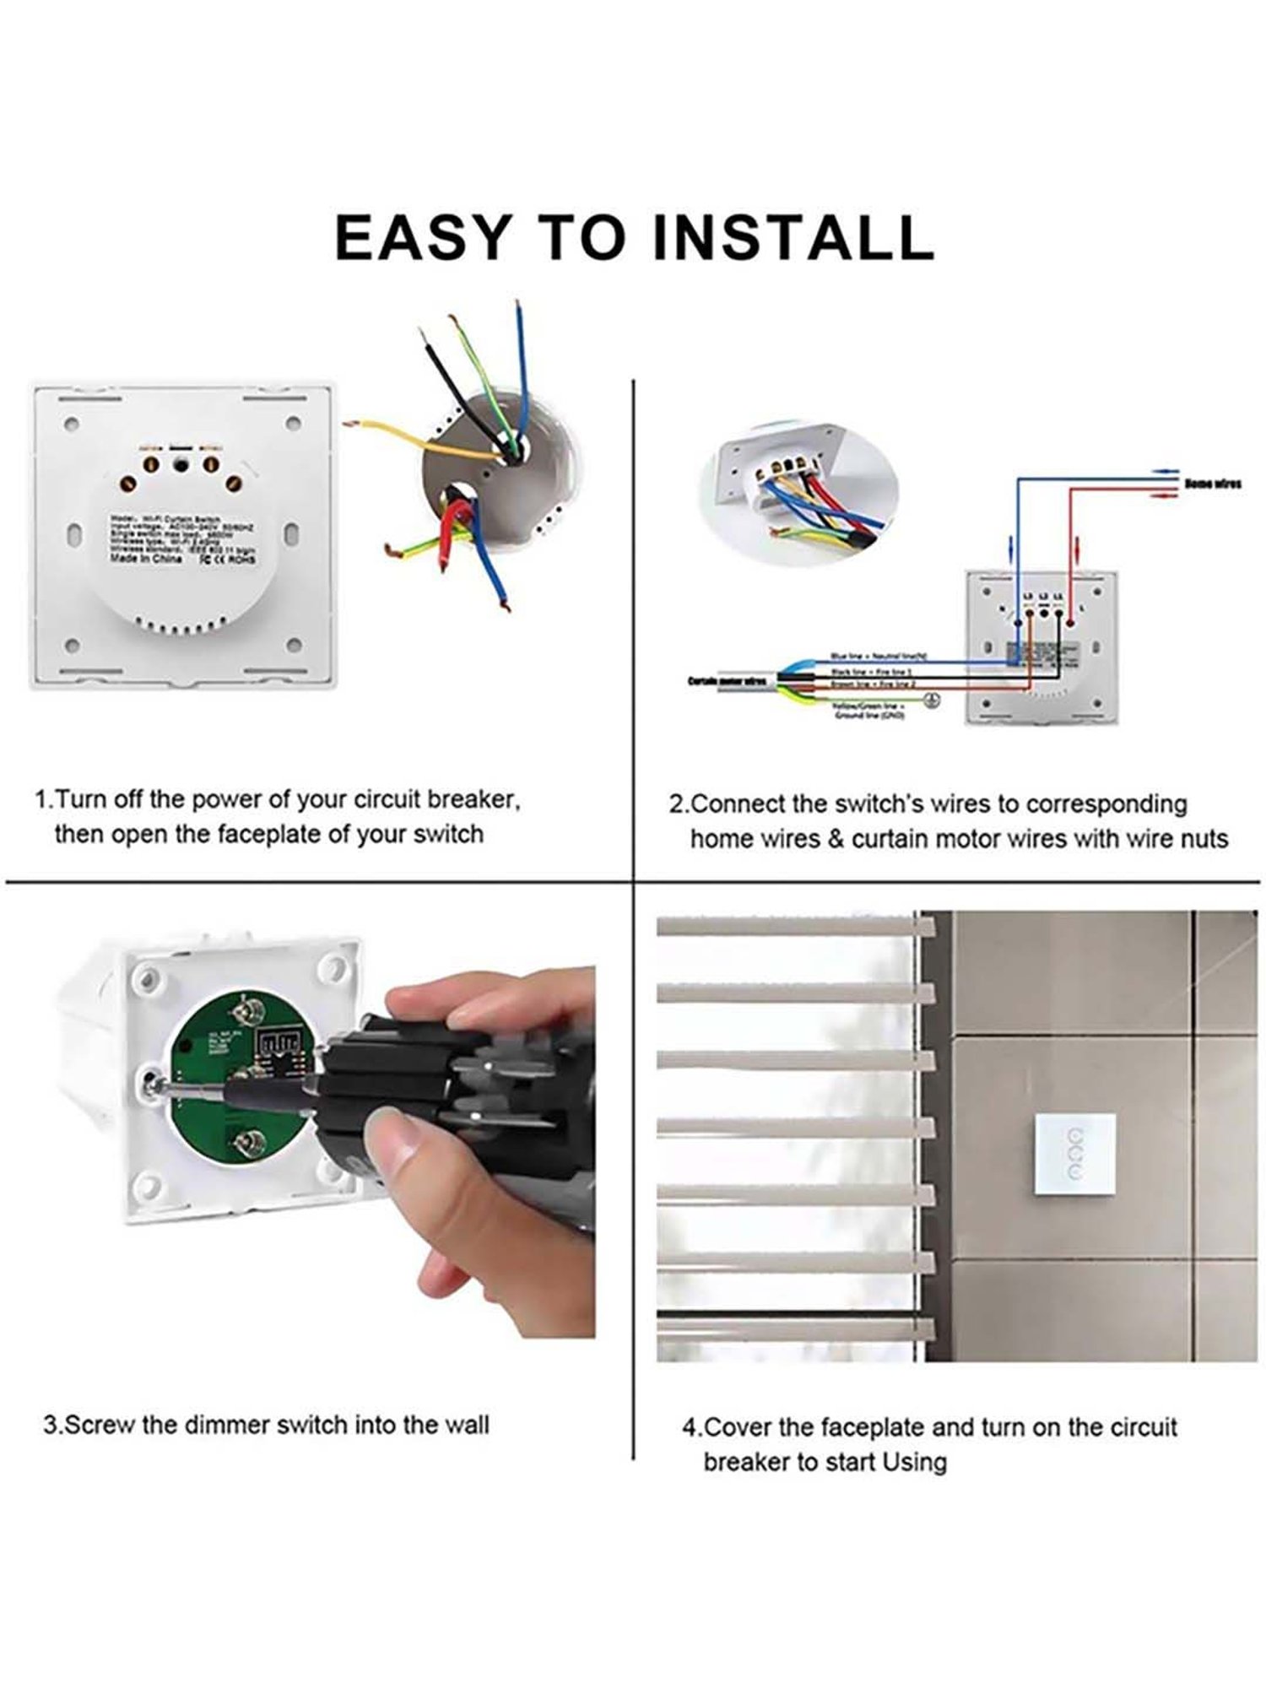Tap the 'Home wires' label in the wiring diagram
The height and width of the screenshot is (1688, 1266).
click(1212, 484)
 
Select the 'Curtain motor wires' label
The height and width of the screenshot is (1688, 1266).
click(728, 680)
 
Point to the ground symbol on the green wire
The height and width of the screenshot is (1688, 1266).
click(932, 700)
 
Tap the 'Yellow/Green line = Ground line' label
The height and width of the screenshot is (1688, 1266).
click(869, 710)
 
